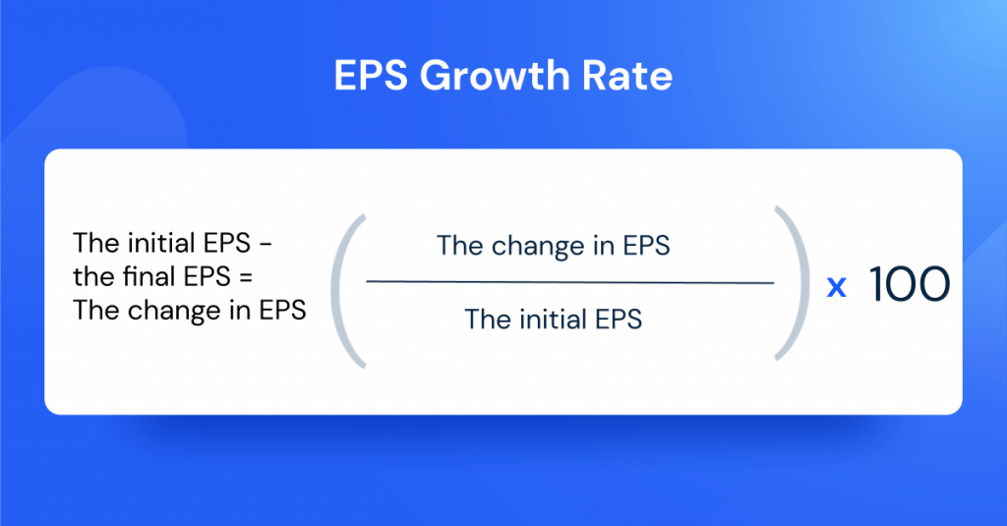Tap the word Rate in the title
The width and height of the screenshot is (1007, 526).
[630, 77]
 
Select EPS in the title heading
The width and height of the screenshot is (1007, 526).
[371, 77]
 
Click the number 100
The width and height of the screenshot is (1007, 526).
[910, 285]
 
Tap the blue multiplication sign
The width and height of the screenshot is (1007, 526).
[837, 287]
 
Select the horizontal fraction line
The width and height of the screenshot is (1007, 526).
[569, 283]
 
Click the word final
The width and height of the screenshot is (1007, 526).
[140, 276]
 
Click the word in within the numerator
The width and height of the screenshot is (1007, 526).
[596, 246]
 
